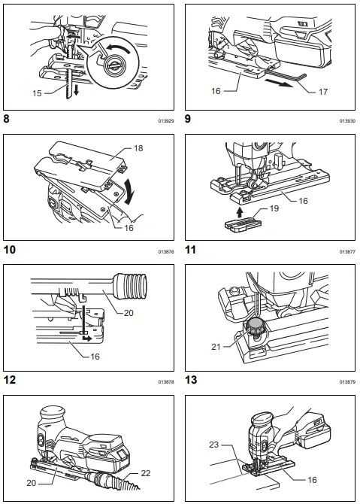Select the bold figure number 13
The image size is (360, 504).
point(192,380)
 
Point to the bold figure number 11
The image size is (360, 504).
point(192,250)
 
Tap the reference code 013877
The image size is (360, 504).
point(346,251)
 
